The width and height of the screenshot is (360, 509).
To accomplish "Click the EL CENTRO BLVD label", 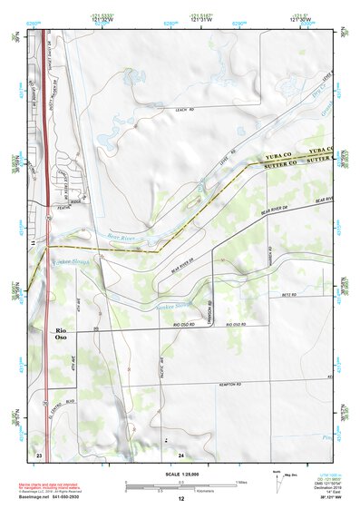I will (61, 400).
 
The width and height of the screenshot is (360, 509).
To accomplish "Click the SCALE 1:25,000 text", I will (180, 475).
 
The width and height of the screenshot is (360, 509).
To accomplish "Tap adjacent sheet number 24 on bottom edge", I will (181, 454).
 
